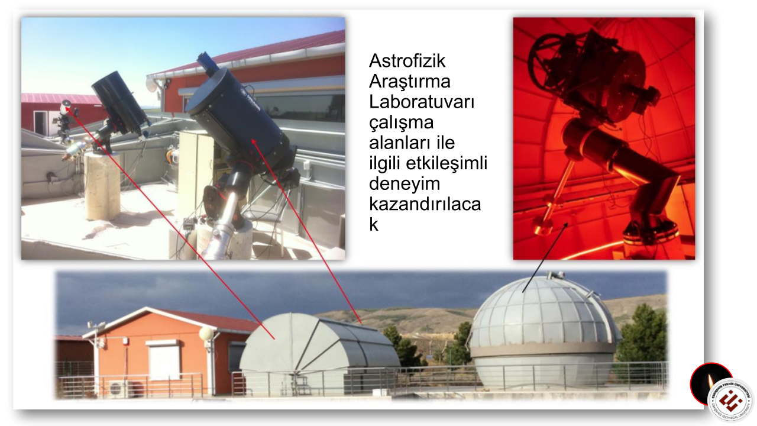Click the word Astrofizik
pyautogui.click(x=407, y=61)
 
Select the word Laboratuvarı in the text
pyautogui.click(x=422, y=102)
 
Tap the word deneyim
pyautogui.click(x=405, y=184)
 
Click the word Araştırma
pyautogui.click(x=409, y=81)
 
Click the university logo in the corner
pyautogui.click(x=730, y=400)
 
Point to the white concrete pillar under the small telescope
pyautogui.click(x=102, y=186)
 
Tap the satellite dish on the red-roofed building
pyautogui.click(x=152, y=85)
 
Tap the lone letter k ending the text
pyautogui.click(x=373, y=225)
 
